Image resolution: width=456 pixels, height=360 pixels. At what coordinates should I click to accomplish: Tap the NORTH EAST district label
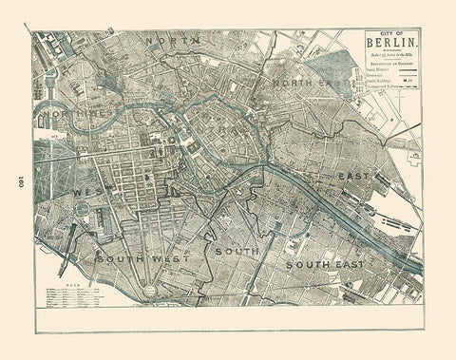coord(302,85)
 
